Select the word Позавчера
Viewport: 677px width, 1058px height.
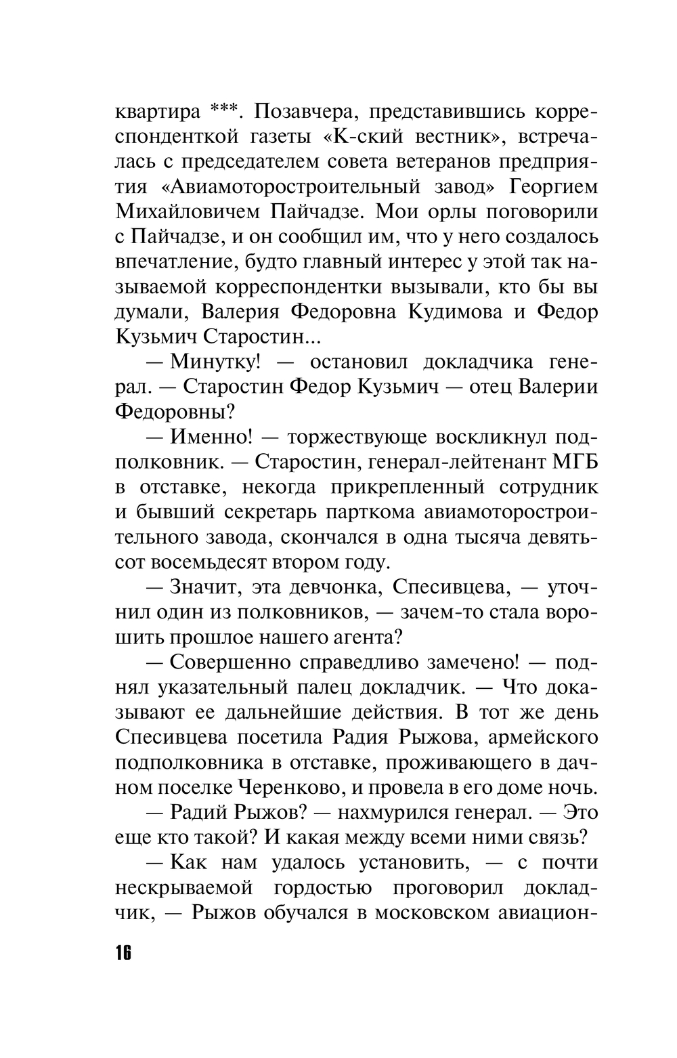(x=303, y=110)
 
